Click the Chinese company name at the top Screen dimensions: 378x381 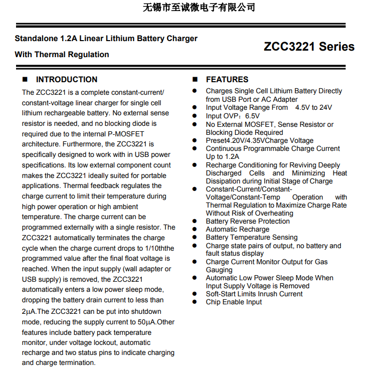click(x=199, y=8)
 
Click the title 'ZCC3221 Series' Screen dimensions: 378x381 click(x=309, y=47)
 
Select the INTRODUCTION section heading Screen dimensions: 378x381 click(x=67, y=79)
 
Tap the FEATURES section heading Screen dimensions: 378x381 click(x=227, y=79)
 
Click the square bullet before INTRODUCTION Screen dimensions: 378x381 click(x=25, y=80)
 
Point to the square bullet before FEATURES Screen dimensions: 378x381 click(x=196, y=80)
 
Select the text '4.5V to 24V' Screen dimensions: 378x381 click(x=313, y=107)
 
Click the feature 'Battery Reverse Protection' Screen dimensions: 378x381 click(x=248, y=221)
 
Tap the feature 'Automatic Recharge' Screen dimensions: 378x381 click(x=237, y=229)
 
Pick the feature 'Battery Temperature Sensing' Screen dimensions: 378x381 click(x=252, y=237)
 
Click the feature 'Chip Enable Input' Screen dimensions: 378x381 click(x=234, y=302)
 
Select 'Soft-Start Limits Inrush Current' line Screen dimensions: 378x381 click(x=254, y=294)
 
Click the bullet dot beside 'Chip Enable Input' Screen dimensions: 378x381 click(x=195, y=302)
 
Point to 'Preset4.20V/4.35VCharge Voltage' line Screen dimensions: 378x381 click(x=260, y=140)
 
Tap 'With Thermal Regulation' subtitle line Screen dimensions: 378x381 click(x=62, y=55)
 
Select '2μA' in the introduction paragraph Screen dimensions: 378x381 click(x=28, y=311)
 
